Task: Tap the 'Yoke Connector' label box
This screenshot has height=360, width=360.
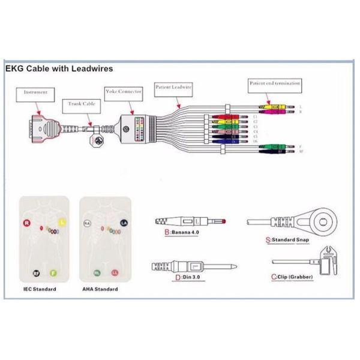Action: coord(124,91)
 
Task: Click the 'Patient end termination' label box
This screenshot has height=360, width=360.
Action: coord(275,83)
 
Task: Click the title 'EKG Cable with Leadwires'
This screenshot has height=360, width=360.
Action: coord(59,69)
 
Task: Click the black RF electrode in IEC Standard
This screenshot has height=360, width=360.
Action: coord(37,273)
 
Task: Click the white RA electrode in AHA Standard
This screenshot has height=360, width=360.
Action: coord(87,223)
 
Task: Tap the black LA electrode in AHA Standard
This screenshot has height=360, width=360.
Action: coord(124,223)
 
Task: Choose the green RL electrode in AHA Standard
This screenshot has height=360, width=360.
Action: coord(97,272)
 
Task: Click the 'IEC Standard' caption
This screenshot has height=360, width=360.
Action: coord(41,289)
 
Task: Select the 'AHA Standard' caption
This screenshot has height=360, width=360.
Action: coord(100,289)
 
